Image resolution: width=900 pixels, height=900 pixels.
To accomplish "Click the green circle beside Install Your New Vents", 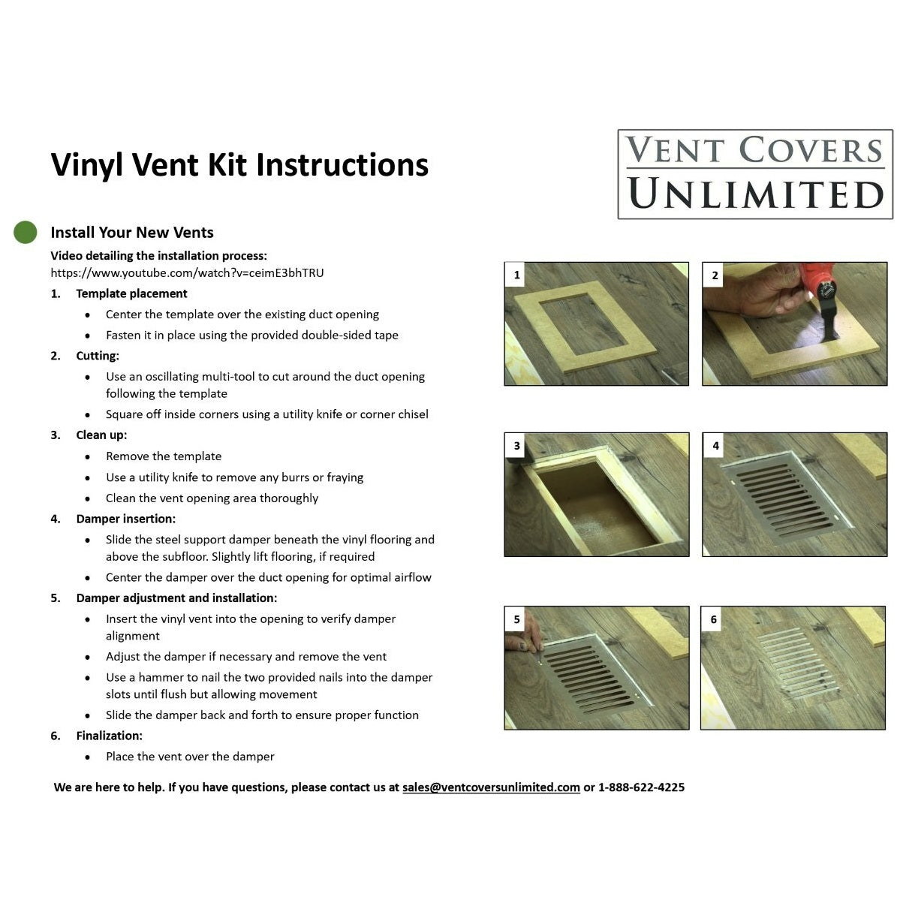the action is tap(26, 232).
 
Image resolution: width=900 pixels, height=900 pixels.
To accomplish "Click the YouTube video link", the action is tap(187, 273).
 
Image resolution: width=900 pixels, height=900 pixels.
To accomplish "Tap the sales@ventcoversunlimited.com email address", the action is tap(491, 787).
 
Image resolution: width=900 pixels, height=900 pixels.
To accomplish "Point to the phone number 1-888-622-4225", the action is tap(641, 787).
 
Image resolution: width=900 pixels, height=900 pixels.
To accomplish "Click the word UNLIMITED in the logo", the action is tap(755, 194).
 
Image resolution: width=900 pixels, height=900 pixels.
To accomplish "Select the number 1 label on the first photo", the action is tap(516, 275).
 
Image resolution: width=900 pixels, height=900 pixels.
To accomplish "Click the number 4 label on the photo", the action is tap(715, 445).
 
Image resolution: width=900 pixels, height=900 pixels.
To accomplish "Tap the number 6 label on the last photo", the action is tap(713, 619).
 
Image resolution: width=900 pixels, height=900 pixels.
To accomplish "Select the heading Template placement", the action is tap(131, 294).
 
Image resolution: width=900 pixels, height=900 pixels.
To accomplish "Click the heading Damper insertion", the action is tap(125, 519).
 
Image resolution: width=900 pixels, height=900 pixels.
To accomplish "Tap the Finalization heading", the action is tap(109, 736).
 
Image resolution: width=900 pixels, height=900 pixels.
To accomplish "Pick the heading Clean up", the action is tap(101, 435).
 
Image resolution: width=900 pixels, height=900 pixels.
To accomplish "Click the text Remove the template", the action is tap(164, 456).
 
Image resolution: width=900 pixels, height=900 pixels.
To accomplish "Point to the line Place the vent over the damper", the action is tap(190, 757).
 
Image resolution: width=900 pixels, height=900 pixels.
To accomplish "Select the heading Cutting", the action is tap(98, 356).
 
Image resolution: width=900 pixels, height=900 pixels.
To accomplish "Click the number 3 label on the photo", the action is tap(516, 445).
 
